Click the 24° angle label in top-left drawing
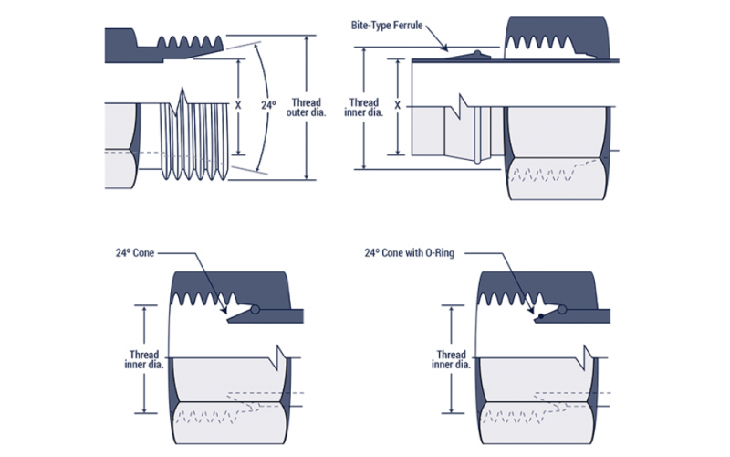[x=268, y=105]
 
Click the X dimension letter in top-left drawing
[x=238, y=105]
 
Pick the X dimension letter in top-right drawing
[x=398, y=105]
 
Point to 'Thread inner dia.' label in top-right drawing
[x=362, y=108]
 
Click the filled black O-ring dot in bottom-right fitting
[x=543, y=315]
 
